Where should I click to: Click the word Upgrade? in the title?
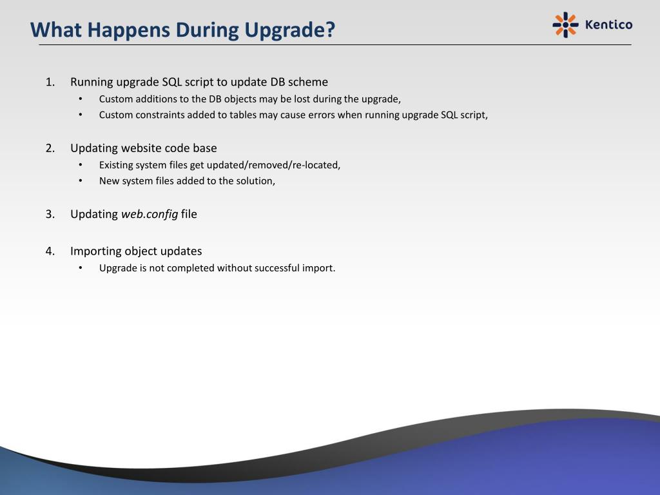pos(289,30)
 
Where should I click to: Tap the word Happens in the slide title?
pos(129,30)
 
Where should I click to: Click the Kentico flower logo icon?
pos(565,25)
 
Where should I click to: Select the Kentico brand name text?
pos(608,25)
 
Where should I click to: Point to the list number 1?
pos(50,82)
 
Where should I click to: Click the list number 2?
pos(50,148)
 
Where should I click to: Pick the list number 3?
pos(50,214)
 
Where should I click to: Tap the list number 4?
pos(50,251)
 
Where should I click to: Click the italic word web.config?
pos(150,214)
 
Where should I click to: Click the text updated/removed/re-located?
pos(273,165)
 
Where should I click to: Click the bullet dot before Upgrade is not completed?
pos(81,267)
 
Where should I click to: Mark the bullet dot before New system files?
pos(81,180)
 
